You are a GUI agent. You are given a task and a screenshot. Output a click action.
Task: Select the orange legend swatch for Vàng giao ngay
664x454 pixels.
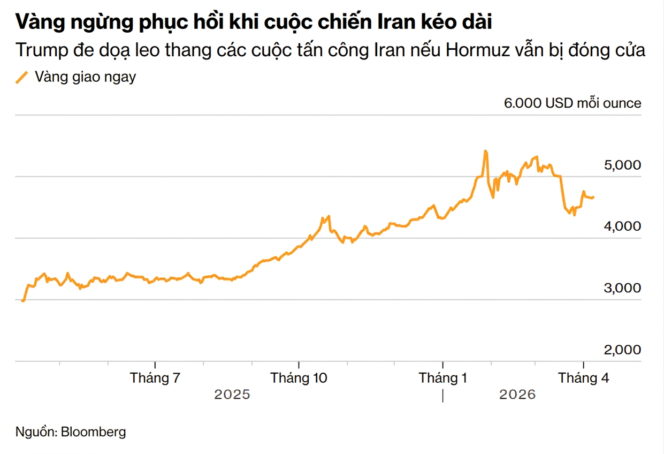[x=22, y=77]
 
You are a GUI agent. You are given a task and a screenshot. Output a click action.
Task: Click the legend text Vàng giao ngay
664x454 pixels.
[x=85, y=77]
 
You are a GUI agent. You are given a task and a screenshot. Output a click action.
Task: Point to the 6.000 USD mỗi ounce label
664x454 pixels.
[x=572, y=103]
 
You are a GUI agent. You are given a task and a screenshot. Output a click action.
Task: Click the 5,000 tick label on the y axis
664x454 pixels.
[x=623, y=165]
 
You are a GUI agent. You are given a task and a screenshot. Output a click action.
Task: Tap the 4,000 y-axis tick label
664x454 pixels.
[x=623, y=226]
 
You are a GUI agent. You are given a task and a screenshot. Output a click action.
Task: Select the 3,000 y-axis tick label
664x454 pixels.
[x=623, y=288]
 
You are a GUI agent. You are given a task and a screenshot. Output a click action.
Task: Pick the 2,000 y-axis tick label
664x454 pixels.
[x=623, y=350]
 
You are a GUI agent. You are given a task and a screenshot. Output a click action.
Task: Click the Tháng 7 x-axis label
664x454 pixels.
[x=155, y=378]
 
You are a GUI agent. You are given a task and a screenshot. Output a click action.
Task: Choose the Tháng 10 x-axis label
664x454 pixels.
[x=299, y=378]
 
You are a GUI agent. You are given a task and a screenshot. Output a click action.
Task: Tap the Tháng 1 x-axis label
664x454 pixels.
[x=442, y=378]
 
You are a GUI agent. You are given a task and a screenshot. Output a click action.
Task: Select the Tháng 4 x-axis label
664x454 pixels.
[x=583, y=378]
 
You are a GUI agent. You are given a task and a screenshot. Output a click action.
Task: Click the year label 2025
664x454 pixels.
[x=232, y=395]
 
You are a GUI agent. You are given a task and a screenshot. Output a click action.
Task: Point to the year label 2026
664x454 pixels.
[x=517, y=395]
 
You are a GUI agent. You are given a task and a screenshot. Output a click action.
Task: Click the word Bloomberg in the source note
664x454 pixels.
[x=94, y=432]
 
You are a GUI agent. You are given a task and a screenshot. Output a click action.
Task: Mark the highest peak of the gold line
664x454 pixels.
[x=485, y=151]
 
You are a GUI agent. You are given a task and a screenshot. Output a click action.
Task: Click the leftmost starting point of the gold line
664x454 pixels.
[x=22, y=301]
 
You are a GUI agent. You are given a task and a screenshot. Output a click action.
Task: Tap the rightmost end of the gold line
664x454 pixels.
[x=593, y=197]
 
